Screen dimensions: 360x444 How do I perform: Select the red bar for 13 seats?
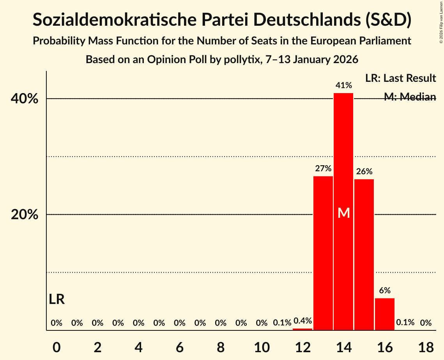[323, 253]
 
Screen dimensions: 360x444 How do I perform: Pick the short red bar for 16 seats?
[385, 314]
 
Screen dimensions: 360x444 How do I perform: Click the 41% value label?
[344, 85]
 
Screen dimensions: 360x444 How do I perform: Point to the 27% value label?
[323, 169]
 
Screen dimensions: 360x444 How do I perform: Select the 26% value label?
[364, 171]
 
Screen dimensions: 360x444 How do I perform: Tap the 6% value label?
[385, 290]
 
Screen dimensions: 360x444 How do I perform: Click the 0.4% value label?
[302, 321]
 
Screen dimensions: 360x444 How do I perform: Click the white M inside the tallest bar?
[344, 213]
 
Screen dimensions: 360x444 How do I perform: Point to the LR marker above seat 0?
[57, 299]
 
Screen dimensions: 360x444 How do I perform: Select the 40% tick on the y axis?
[25, 99]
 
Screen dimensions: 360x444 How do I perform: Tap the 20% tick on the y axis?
[25, 215]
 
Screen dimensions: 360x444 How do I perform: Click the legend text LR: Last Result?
[400, 78]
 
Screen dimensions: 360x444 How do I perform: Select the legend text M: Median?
[410, 97]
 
